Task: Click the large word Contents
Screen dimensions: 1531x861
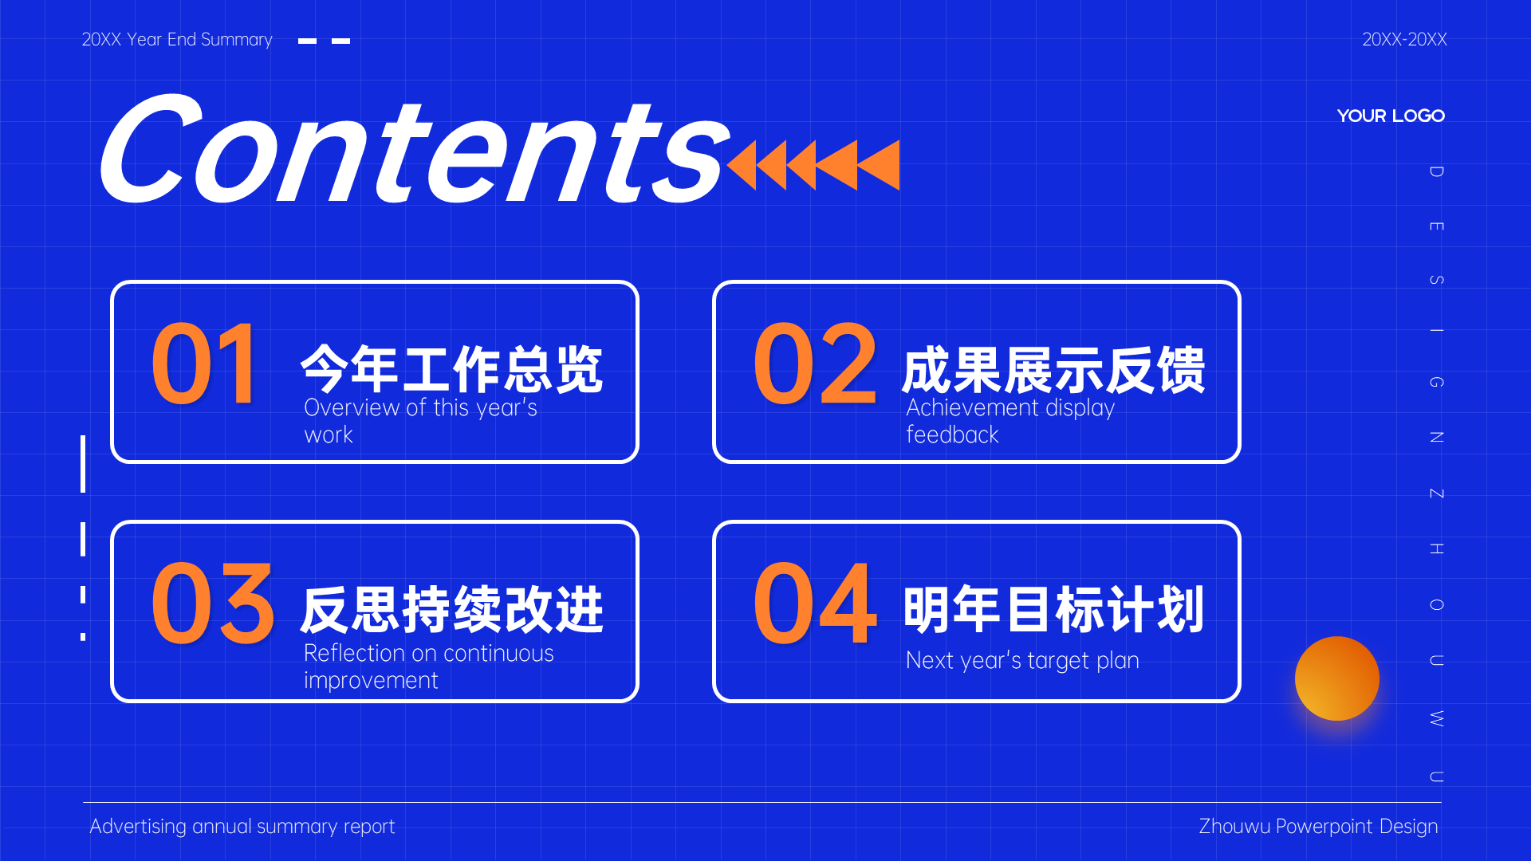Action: coord(415,149)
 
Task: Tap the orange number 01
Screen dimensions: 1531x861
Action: coord(205,364)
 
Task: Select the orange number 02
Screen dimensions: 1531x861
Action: coord(815,364)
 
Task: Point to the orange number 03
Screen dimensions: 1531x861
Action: coord(213,603)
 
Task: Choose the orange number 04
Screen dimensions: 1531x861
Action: coord(815,603)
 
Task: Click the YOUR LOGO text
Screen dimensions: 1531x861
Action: coord(1391,116)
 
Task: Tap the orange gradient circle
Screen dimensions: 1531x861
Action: coord(1337,678)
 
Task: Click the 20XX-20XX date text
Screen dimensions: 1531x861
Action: coord(1404,39)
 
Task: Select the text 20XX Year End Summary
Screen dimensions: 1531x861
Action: coord(177,40)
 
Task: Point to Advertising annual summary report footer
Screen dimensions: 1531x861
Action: coord(242,827)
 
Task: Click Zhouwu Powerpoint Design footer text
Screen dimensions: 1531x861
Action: coord(1318,827)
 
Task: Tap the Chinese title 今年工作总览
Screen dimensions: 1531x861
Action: coord(452,369)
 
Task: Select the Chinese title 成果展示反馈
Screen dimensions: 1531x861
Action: coord(1053,369)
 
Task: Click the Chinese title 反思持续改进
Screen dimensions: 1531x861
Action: coord(452,609)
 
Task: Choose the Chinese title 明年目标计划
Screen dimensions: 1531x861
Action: coord(1053,609)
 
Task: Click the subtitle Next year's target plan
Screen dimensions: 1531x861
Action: coord(1022,661)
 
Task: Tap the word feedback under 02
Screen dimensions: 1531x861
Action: coord(952,434)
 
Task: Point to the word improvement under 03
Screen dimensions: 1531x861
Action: coord(371,681)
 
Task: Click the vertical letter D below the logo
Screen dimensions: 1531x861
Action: coord(1436,171)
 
